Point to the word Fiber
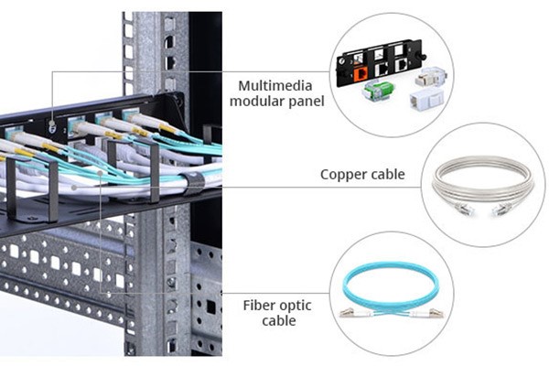262,304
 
